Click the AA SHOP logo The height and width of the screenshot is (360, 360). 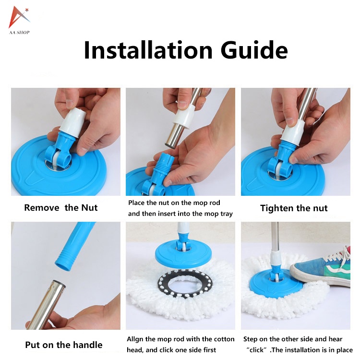(x=19, y=21)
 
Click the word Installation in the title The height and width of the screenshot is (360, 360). (x=148, y=50)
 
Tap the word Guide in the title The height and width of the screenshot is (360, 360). (x=254, y=49)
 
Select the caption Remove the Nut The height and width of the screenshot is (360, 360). (x=61, y=208)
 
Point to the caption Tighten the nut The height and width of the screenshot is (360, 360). (x=294, y=208)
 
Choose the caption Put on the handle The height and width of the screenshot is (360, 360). (x=63, y=345)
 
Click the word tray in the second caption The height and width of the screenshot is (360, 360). (x=227, y=214)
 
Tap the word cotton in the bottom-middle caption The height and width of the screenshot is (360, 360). (x=224, y=339)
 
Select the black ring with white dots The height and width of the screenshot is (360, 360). (x=181, y=284)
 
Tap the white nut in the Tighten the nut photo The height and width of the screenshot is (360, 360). (x=292, y=132)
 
